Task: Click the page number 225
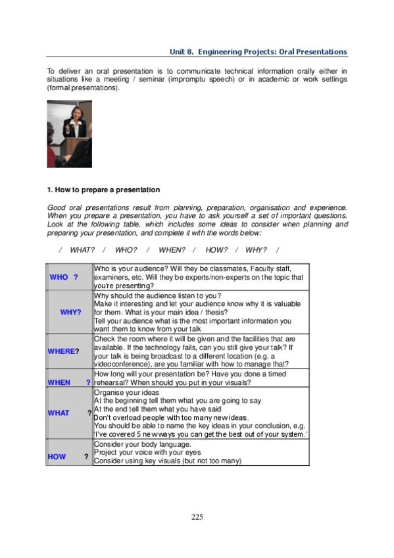[197, 517]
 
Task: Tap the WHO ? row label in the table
[64, 277]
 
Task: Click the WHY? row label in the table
[70, 312]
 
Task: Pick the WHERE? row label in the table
[63, 351]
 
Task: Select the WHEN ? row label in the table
[59, 382]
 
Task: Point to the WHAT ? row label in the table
[59, 413]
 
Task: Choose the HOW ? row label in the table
[57, 456]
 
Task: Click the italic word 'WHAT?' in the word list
[82, 249]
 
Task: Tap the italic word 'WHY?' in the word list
[256, 249]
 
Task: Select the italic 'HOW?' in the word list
[216, 249]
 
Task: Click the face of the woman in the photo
[72, 115]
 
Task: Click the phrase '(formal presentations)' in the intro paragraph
[84, 88]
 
